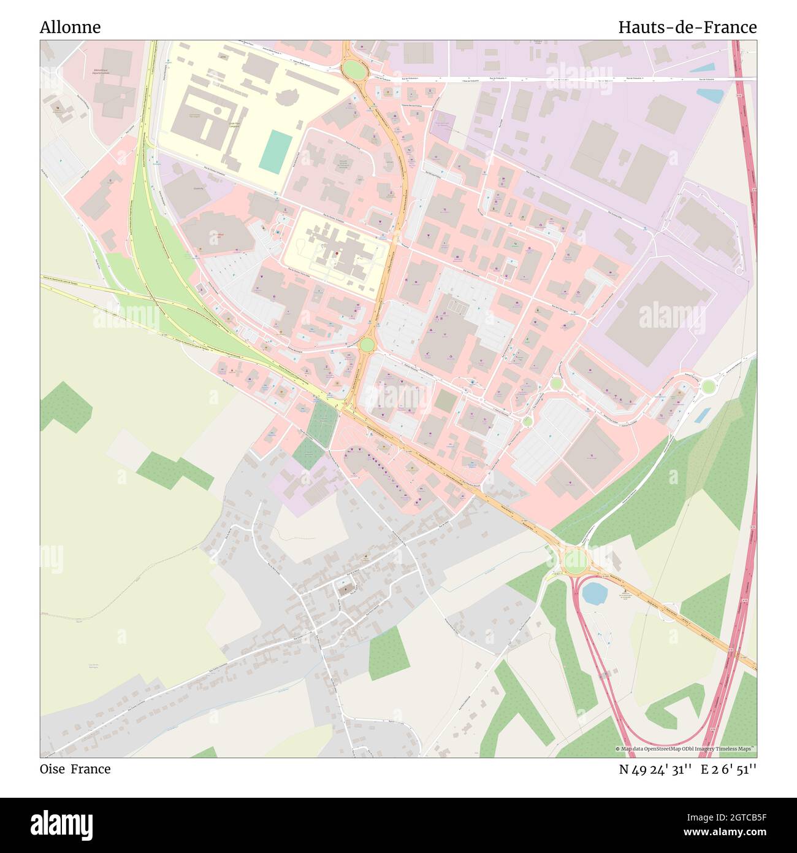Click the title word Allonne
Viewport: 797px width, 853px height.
(70, 27)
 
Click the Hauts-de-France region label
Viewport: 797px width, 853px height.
(687, 27)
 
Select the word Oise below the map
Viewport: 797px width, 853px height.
(53, 769)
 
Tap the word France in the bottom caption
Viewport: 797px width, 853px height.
(91, 769)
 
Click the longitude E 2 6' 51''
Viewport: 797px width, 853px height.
(728, 769)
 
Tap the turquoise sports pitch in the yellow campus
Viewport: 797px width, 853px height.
(276, 150)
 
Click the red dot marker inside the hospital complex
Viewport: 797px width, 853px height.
(337, 253)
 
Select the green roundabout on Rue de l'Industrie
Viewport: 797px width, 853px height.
(353, 69)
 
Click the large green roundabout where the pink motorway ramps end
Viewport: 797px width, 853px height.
(575, 559)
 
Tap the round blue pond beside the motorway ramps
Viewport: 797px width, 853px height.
(593, 593)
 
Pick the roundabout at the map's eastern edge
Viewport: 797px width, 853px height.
(708, 386)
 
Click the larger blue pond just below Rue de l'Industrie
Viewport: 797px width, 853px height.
(711, 96)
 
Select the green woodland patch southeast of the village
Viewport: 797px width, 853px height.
(389, 653)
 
